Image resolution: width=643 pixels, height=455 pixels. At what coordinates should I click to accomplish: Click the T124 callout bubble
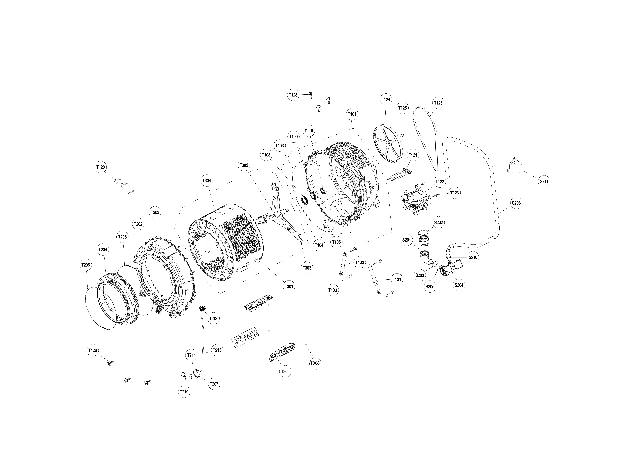click(x=386, y=99)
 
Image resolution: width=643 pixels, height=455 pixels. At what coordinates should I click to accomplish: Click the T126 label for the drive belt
click(x=438, y=103)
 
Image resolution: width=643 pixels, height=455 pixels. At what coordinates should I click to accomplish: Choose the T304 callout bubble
click(x=207, y=181)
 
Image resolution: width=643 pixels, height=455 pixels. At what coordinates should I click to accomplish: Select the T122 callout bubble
click(x=440, y=182)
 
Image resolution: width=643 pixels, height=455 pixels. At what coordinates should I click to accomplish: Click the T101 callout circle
click(x=352, y=114)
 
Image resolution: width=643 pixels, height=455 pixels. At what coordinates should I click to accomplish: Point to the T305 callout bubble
click(x=285, y=372)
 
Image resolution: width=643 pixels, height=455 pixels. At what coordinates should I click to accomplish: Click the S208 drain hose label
click(x=516, y=203)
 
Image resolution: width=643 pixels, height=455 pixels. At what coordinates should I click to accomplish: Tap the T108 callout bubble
click(x=266, y=155)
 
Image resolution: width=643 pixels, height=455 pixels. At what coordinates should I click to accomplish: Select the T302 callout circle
click(x=244, y=165)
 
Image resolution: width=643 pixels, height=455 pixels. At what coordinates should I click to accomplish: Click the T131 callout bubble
click(x=397, y=279)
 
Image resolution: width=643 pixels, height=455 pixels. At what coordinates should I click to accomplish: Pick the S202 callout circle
click(x=439, y=222)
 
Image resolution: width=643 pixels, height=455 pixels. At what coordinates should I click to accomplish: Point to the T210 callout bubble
click(x=184, y=392)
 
